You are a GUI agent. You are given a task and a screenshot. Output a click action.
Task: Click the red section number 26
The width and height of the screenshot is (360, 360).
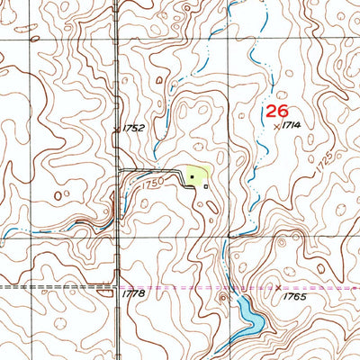point(276,112)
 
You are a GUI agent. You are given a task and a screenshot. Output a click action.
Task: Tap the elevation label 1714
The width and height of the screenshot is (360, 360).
point(290,128)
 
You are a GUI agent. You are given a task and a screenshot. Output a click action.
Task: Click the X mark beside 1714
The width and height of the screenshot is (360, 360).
point(276,127)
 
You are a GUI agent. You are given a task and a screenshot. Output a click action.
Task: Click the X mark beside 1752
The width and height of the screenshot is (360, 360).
point(116,131)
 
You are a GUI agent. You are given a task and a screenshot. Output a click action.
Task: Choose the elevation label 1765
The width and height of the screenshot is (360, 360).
point(293,296)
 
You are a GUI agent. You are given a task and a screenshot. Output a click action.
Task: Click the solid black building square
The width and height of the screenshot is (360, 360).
point(191,179)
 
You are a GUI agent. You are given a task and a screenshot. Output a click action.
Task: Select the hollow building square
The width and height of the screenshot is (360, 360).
point(206,186)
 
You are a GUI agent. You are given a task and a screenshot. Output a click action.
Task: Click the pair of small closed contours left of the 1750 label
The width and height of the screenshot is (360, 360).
point(63,194)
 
